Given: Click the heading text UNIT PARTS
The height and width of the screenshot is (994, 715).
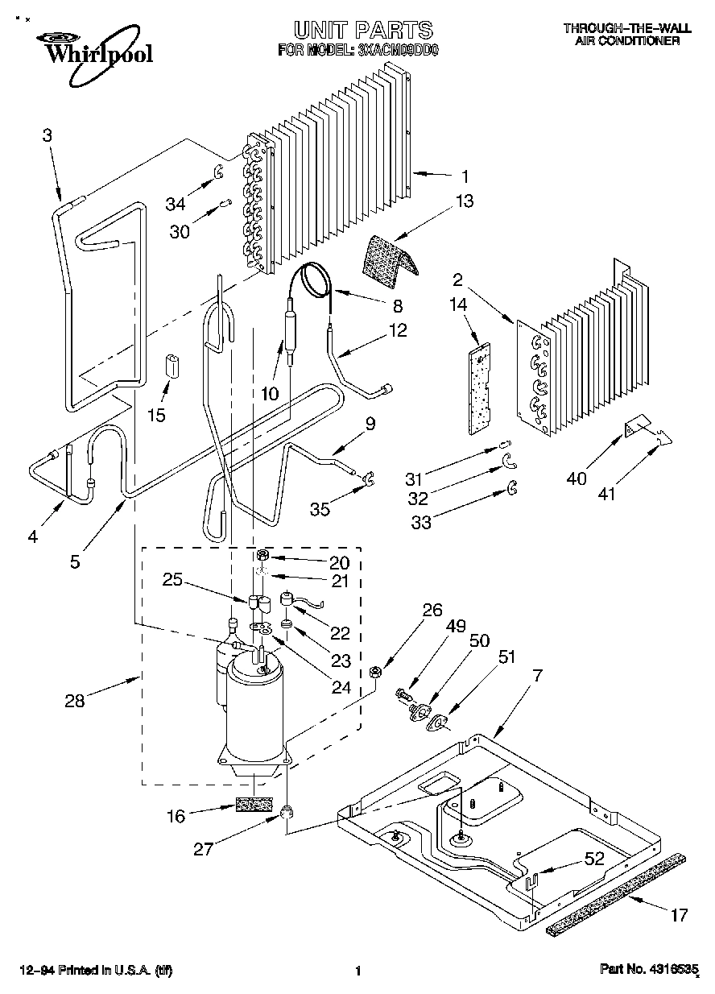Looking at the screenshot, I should point(362,31).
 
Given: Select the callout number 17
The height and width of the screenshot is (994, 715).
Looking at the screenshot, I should point(679,914).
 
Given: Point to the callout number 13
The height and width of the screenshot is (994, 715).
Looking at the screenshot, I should point(465,201).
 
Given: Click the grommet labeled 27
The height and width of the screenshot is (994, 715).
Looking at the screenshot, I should point(285,812).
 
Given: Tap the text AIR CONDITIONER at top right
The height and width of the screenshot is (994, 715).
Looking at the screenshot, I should point(627,40).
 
